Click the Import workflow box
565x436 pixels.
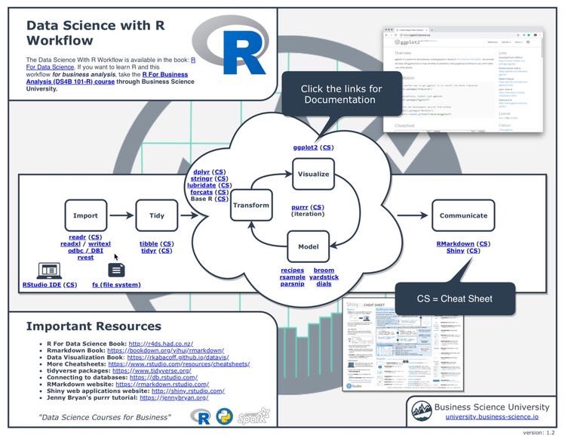click(85, 215)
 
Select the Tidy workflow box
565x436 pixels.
click(157, 215)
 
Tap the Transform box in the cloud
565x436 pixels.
click(251, 205)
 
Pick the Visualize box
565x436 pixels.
click(313, 174)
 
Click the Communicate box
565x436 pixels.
click(463, 215)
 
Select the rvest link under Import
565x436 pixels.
click(85, 258)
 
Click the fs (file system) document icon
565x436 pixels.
click(117, 269)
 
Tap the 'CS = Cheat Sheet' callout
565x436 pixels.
click(454, 298)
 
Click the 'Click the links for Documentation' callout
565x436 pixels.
click(341, 94)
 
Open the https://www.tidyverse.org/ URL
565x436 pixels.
click(151, 371)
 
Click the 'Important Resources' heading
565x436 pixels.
click(94, 326)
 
